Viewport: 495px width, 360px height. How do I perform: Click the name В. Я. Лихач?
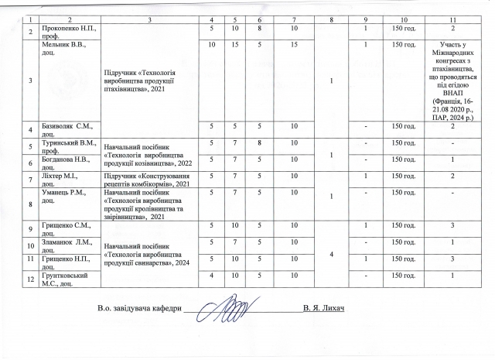pos(323,311)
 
